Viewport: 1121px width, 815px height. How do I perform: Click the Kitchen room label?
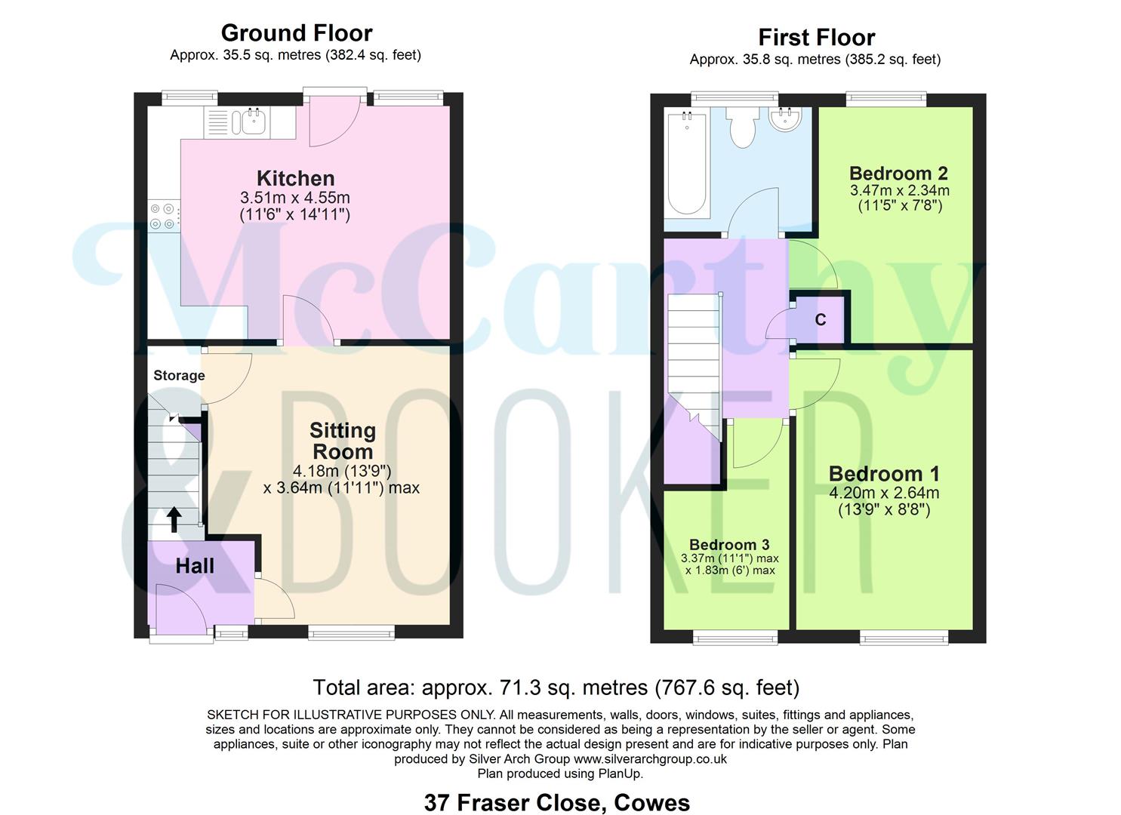[295, 179]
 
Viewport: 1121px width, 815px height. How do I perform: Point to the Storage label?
[179, 376]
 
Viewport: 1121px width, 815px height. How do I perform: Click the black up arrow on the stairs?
[174, 519]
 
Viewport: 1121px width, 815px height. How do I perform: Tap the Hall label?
[195, 566]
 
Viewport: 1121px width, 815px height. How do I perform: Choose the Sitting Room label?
[343, 441]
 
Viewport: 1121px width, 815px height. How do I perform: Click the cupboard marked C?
[821, 320]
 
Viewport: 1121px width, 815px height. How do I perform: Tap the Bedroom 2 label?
[898, 174]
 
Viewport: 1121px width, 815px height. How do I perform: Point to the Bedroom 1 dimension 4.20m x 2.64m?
[884, 493]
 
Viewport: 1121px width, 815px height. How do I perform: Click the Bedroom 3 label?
[729, 545]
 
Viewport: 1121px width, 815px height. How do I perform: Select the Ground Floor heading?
[296, 33]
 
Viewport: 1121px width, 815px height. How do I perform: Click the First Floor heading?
[816, 37]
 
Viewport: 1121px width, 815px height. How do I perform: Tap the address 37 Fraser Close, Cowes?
[556, 802]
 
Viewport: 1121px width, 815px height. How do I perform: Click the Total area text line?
[556, 687]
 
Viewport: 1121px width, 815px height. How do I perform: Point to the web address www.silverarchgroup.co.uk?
[650, 759]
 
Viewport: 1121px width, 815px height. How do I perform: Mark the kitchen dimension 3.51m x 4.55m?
[295, 198]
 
